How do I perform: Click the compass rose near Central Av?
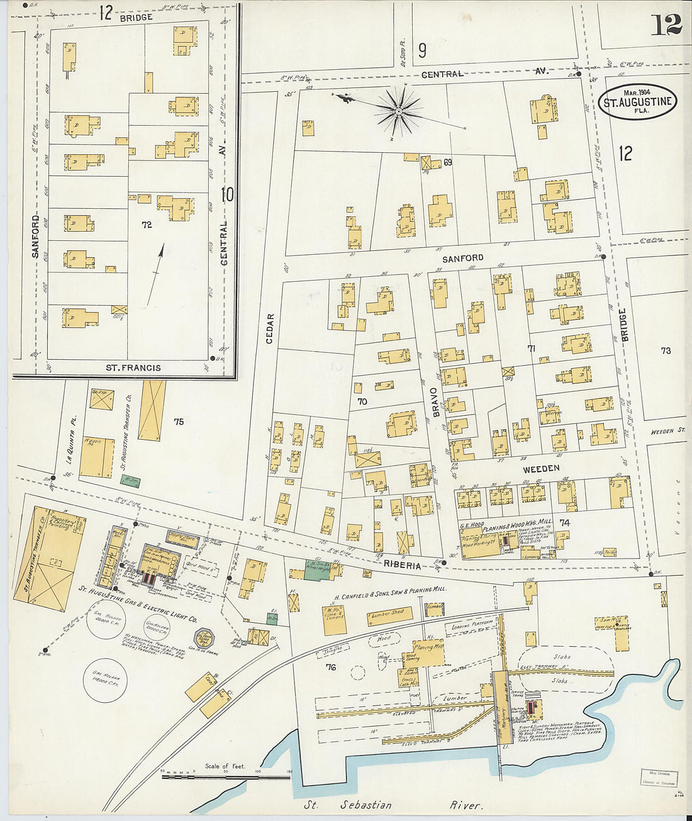[398, 112]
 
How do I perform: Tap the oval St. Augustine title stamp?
[637, 101]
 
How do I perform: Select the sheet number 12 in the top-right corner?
[666, 25]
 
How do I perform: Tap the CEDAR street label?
[271, 328]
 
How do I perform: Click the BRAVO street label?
[435, 401]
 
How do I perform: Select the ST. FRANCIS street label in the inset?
[133, 368]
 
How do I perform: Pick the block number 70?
[362, 401]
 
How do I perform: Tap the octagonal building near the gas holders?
[204, 639]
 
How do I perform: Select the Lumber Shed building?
[388, 615]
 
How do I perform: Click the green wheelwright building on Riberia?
[318, 566]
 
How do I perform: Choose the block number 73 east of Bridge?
[666, 350]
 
